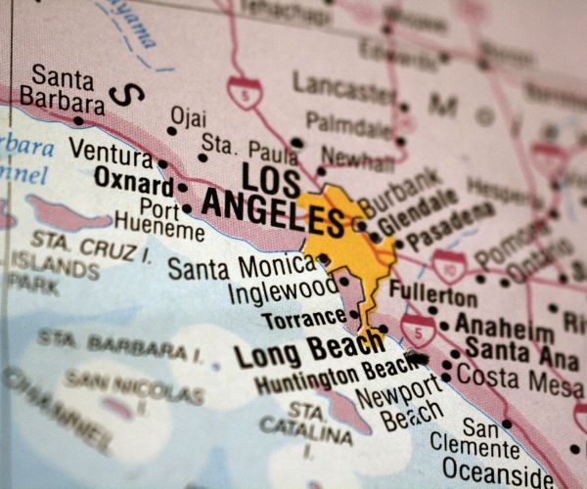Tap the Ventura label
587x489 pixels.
point(111,153)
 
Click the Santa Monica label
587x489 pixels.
point(240,267)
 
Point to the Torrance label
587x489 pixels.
point(303,318)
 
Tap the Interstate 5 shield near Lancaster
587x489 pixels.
point(244,92)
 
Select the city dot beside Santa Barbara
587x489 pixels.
point(78,121)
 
